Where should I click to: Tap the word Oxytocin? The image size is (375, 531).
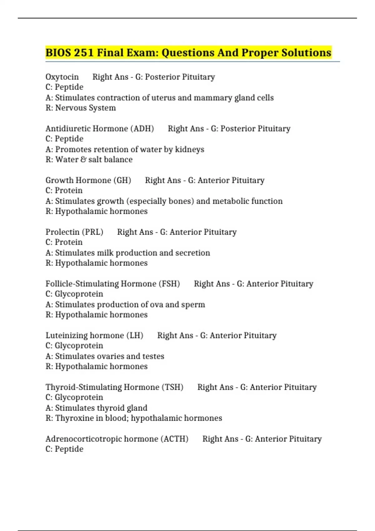tap(62, 77)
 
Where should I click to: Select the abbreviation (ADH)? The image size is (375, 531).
tap(142, 129)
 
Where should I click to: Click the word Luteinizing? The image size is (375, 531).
tap(65, 335)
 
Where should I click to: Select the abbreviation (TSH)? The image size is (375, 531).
tap(172, 387)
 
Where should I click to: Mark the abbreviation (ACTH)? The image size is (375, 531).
tap(174, 439)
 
